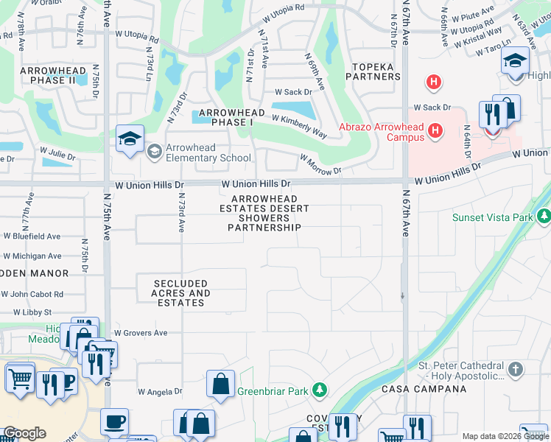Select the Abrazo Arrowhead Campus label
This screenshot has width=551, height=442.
pos(381,132)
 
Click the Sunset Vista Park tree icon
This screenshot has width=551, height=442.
pos(544,217)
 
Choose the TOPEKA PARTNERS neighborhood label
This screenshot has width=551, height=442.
pos(373,71)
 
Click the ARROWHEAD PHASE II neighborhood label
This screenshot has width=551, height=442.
pos(53,74)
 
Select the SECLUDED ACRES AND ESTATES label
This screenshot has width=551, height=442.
pos(180,292)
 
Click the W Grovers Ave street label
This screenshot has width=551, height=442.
pos(140,333)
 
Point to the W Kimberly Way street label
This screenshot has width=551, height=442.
pos(299,126)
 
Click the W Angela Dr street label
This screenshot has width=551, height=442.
pos(160,392)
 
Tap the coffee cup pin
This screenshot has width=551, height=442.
pos(114,422)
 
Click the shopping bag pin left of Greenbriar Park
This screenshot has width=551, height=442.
pos(220,385)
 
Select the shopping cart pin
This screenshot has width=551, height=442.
pos(20,379)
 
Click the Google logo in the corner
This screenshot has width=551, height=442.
pos(24,432)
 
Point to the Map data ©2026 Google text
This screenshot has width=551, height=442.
pos(505,436)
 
